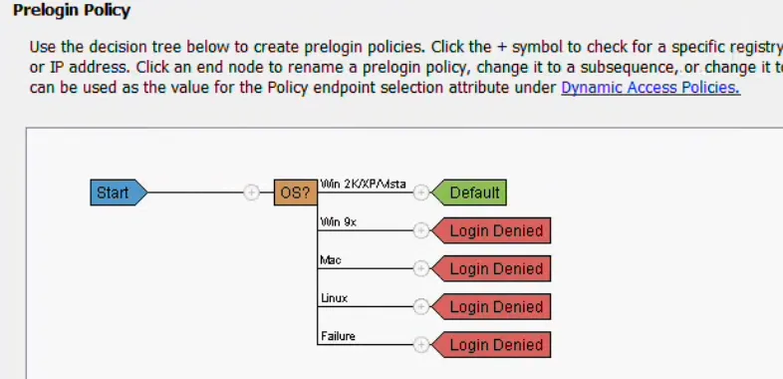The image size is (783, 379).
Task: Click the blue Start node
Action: pyautogui.click(x=117, y=192)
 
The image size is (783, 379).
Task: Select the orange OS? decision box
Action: pyautogui.click(x=295, y=192)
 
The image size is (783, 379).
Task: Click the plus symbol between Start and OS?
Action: pyautogui.click(x=252, y=192)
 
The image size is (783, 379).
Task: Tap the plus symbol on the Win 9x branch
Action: pyautogui.click(x=420, y=230)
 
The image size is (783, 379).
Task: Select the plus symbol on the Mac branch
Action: pyautogui.click(x=420, y=268)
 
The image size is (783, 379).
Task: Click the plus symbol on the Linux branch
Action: pyautogui.click(x=420, y=306)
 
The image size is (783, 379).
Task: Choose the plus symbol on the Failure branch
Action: pyautogui.click(x=420, y=345)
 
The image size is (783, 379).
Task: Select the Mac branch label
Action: pyautogui.click(x=330, y=259)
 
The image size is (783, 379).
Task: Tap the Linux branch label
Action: pyautogui.click(x=333, y=297)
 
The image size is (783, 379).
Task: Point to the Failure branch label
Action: pyautogui.click(x=337, y=336)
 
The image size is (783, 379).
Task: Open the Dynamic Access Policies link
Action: pyautogui.click(x=650, y=88)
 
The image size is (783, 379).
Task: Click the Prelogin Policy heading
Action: pyautogui.click(x=72, y=11)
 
